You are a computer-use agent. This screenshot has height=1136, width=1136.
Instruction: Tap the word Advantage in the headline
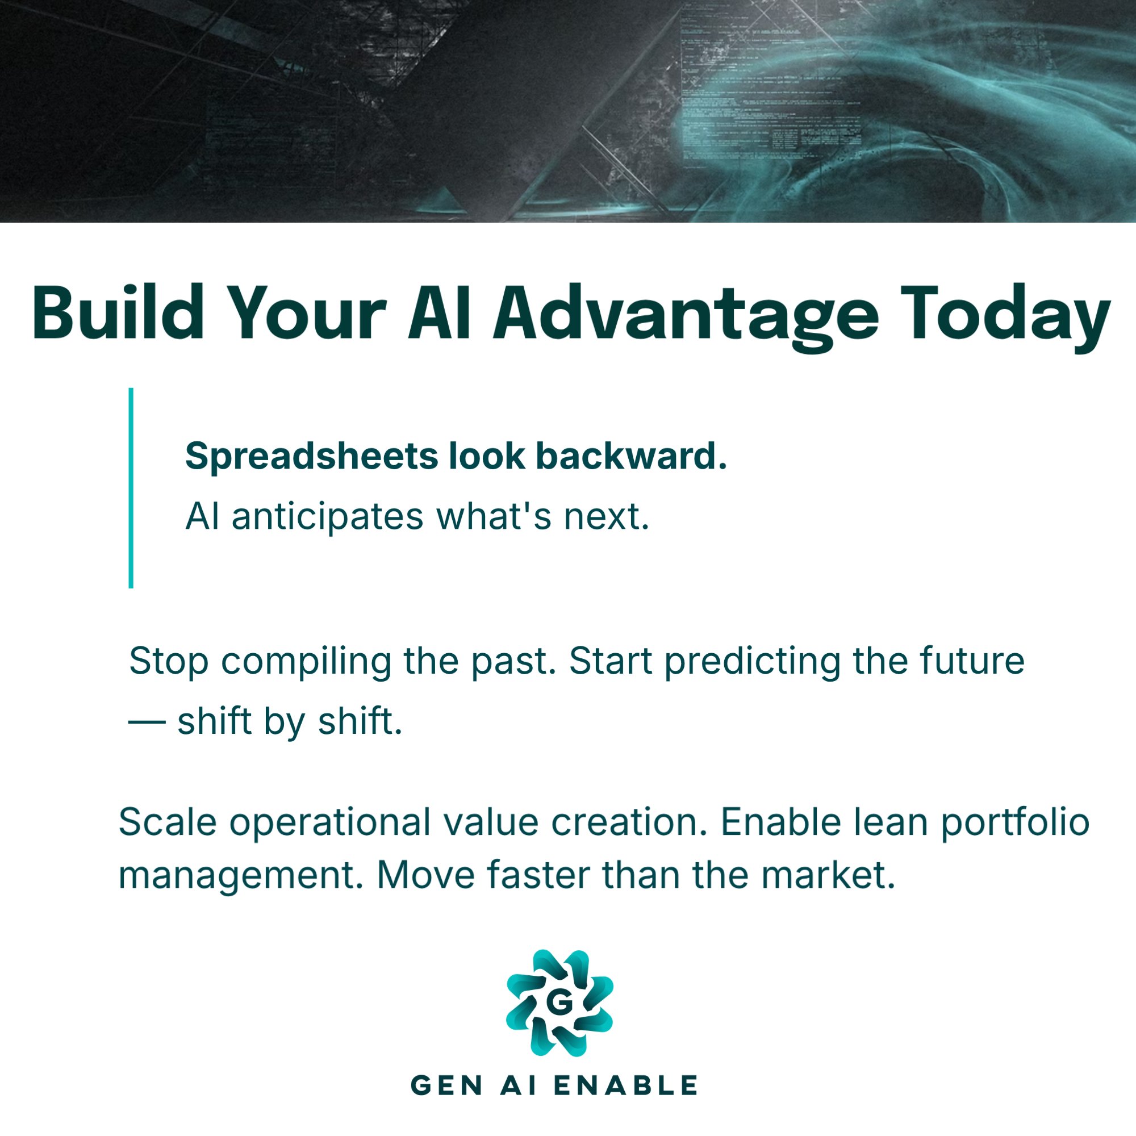[686, 318]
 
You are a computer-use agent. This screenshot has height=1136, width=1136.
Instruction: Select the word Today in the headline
[1005, 318]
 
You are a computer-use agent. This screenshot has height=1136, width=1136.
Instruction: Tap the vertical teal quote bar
[131, 487]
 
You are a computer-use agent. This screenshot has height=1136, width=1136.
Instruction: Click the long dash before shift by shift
[147, 722]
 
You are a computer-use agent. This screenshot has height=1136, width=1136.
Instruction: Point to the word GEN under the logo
[447, 1085]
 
